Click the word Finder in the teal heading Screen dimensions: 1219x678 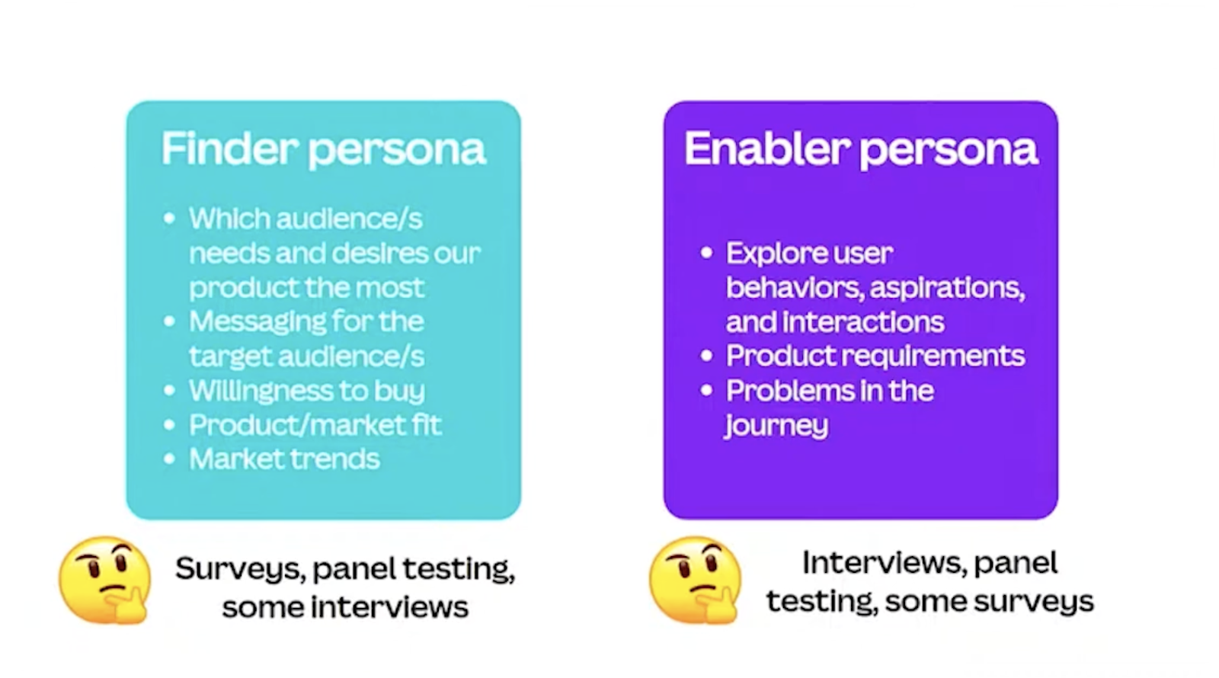229,148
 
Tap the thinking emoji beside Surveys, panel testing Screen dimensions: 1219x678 104,580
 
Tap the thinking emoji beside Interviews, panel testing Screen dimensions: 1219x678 695,580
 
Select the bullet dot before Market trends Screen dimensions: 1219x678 169,459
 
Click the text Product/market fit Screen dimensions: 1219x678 315,424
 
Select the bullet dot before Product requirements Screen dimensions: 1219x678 706,356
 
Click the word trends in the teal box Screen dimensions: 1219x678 333,459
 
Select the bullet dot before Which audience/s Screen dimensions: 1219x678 169,219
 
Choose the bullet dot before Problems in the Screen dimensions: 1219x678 706,390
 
